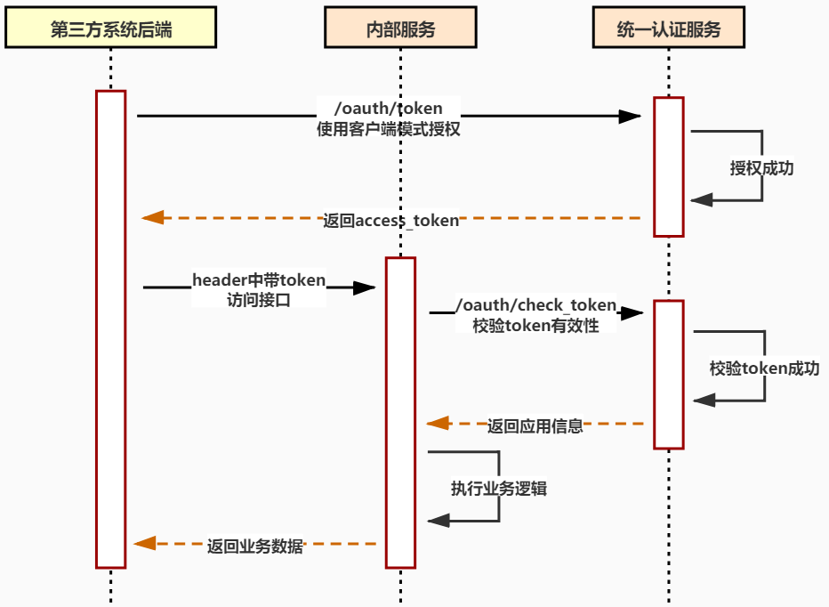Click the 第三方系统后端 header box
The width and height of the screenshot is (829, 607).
(111, 29)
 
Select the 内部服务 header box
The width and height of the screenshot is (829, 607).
(400, 29)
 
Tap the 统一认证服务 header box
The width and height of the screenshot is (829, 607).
(668, 29)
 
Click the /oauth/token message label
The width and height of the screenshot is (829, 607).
(388, 109)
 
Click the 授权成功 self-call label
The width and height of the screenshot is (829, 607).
(761, 168)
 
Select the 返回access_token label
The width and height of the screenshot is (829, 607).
(390, 220)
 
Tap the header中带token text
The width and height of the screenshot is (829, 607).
(259, 280)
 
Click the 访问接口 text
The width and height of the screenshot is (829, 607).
(259, 300)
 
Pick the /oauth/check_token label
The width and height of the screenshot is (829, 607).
(535, 305)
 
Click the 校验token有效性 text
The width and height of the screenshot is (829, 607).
(535, 326)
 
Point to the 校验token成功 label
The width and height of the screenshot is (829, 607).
(764, 368)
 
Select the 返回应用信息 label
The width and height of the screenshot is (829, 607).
(535, 425)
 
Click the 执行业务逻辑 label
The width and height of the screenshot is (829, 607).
(498, 488)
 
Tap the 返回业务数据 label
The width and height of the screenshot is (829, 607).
(255, 546)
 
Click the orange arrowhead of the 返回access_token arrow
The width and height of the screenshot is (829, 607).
(153, 217)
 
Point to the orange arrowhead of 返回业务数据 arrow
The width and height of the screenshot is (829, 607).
(145, 543)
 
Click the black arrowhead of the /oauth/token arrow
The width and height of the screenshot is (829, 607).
(631, 116)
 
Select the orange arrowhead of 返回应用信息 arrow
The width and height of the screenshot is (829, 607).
(438, 424)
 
